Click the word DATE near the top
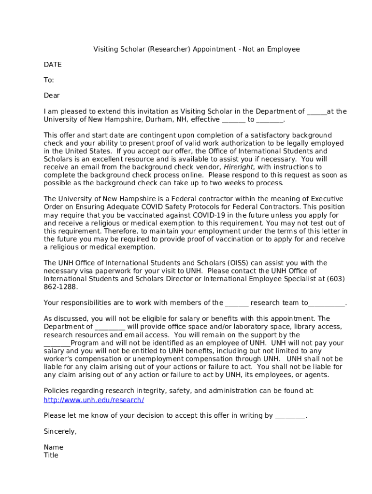pos(53,65)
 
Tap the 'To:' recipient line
pos(49,80)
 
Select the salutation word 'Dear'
pos(52,96)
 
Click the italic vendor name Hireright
pos(240,167)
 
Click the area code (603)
pos(336,279)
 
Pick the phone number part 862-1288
pos(60,287)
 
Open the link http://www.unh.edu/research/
pos(94,400)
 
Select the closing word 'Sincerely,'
pos(60,431)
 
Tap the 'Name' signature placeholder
pos(53,447)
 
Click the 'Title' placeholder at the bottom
pos(51,455)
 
